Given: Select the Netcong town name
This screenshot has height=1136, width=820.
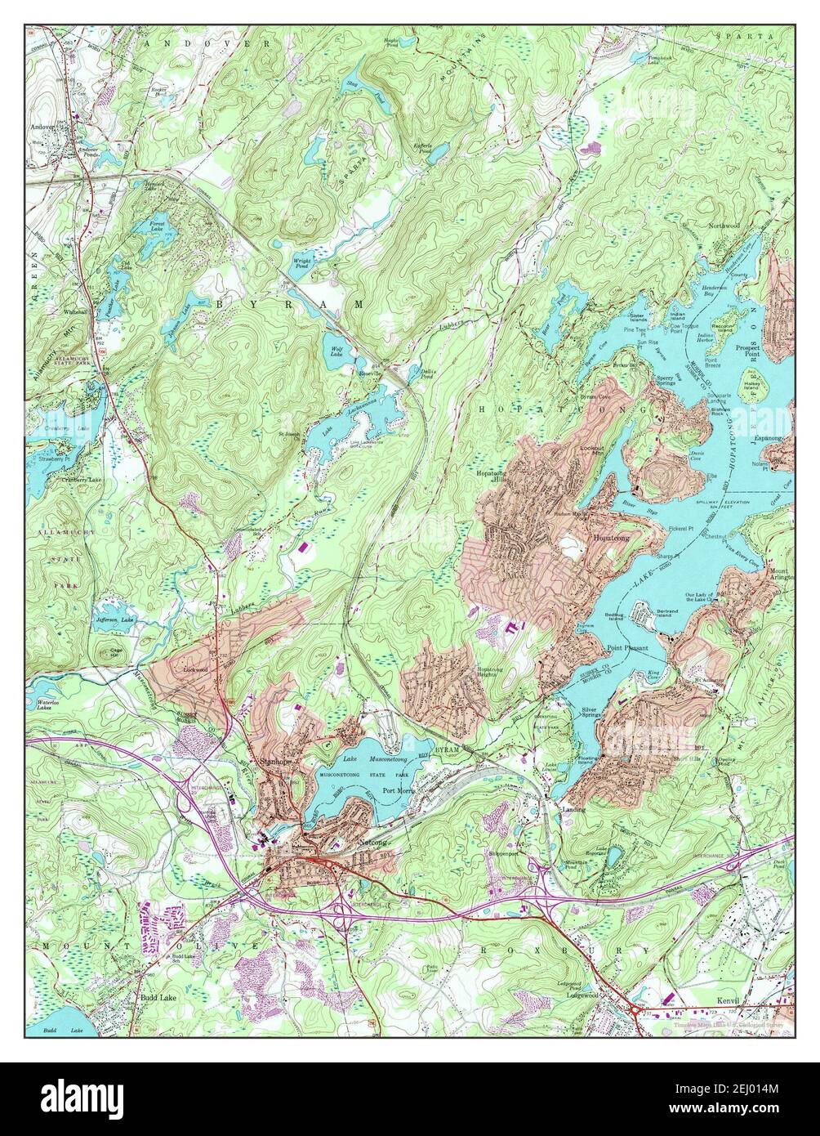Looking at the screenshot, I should pos(372,841).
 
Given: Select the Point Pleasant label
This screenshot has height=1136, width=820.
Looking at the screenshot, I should pos(626,647).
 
